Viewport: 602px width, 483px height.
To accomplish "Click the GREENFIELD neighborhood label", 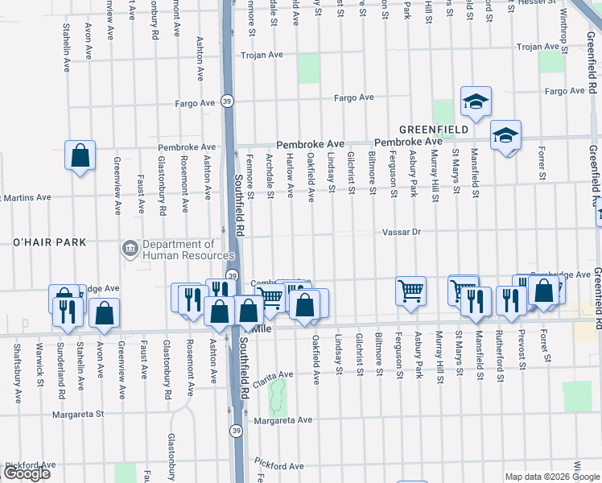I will pyautogui.click(x=435, y=129).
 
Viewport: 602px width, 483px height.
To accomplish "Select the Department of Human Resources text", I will pyautogui.click(x=179, y=250).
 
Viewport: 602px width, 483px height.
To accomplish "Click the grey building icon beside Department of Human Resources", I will pyautogui.click(x=129, y=250).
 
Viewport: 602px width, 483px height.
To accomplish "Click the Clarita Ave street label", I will pyautogui.click(x=276, y=375).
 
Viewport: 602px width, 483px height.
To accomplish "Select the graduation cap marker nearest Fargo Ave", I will pyautogui.click(x=476, y=102).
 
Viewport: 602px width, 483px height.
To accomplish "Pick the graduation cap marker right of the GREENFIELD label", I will pyautogui.click(x=506, y=135).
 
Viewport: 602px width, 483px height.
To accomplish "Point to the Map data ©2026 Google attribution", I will pyautogui.click(x=551, y=477).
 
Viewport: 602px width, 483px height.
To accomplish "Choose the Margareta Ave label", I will pyautogui.click(x=282, y=420).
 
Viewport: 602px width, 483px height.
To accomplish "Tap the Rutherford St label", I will pyautogui.click(x=500, y=351).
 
